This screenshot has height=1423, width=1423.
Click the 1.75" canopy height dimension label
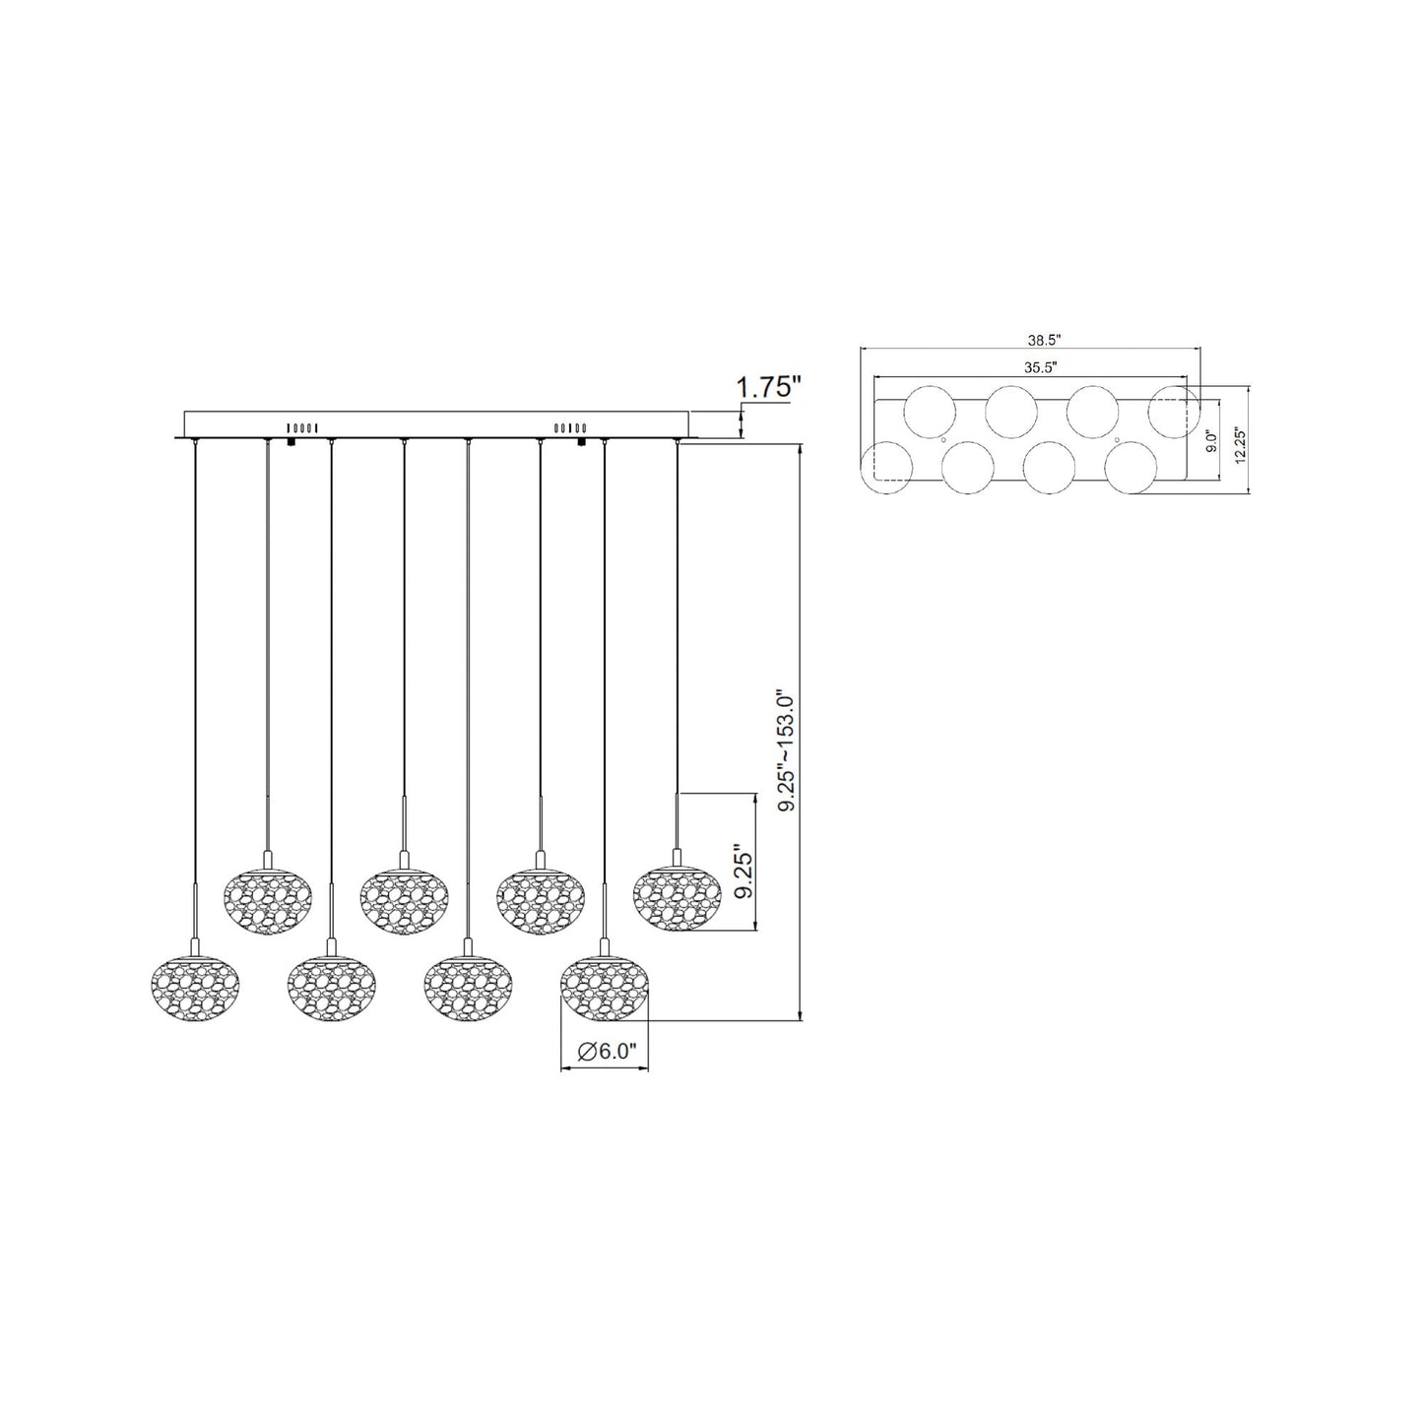tap(765, 386)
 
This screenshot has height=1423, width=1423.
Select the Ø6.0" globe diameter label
tap(604, 1052)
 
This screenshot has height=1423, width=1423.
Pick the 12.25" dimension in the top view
tap(1240, 440)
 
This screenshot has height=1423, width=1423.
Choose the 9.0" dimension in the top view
tap(1212, 440)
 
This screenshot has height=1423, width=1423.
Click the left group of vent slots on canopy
tap(301, 427)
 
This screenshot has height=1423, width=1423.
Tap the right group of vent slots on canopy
tap(571, 427)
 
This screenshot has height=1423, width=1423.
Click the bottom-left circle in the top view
tap(886, 467)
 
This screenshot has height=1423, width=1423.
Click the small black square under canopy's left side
tap(292, 443)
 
